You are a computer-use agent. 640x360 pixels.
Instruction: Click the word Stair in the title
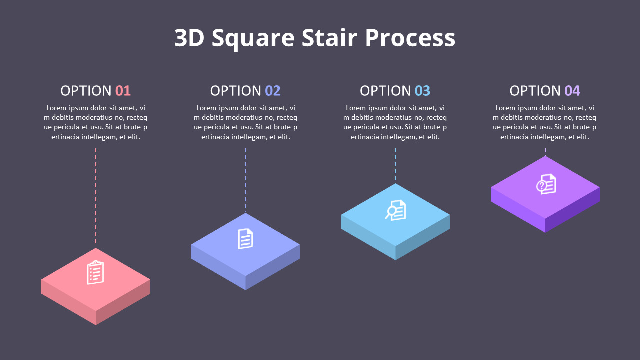click(x=329, y=38)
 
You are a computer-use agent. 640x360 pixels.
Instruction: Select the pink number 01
click(x=123, y=91)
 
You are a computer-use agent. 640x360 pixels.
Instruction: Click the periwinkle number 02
click(x=273, y=91)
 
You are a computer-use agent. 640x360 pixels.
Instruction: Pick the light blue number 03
click(x=422, y=91)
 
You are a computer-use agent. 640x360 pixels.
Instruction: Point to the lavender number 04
click(x=572, y=91)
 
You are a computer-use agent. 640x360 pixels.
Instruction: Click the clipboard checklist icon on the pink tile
click(x=95, y=272)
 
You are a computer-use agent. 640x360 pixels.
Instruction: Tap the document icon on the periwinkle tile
click(x=245, y=238)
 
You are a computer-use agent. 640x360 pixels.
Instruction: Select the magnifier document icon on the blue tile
click(x=395, y=210)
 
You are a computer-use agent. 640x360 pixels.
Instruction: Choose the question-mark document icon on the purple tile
click(x=546, y=184)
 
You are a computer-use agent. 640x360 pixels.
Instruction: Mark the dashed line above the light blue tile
click(x=395, y=165)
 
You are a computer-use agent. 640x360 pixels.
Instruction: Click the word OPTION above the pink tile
click(x=86, y=91)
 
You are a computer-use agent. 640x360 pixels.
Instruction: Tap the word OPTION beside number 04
click(x=535, y=91)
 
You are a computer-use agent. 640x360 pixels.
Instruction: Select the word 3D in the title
click(x=189, y=38)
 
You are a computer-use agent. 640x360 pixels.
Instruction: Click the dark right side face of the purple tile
click(x=573, y=210)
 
